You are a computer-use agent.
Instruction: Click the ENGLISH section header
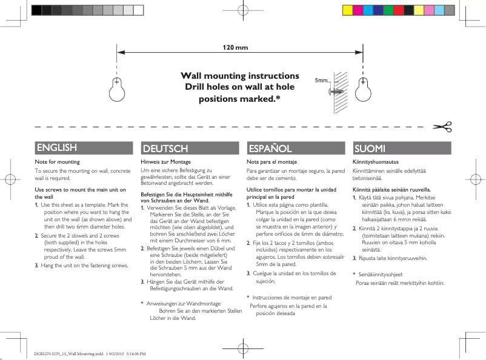(x=56, y=148)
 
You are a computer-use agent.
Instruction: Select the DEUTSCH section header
(x=165, y=148)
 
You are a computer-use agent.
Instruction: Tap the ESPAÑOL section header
(x=270, y=148)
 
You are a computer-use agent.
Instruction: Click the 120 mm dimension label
(x=236, y=48)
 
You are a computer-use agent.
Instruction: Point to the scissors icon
(x=442, y=127)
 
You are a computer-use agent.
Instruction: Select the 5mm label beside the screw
(x=321, y=81)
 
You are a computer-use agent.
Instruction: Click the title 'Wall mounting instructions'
(x=241, y=76)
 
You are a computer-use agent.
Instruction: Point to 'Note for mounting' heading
(x=57, y=162)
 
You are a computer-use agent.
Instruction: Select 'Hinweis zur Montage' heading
(x=165, y=162)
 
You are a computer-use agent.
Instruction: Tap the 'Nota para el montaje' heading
(x=271, y=162)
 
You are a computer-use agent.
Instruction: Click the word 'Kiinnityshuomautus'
(x=374, y=162)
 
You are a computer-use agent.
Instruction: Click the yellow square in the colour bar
(x=347, y=10)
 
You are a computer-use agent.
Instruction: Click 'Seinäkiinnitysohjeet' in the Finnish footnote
(x=381, y=275)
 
